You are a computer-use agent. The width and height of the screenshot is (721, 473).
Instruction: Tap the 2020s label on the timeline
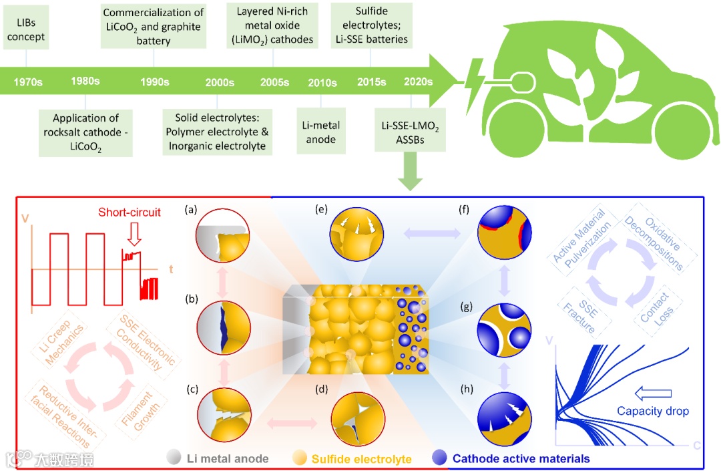click(x=418, y=82)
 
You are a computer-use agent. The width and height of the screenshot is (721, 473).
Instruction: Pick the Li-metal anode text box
click(x=322, y=132)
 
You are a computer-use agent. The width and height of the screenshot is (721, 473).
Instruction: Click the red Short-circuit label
click(x=130, y=212)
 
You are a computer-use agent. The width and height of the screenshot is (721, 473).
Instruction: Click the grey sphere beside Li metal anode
click(x=174, y=458)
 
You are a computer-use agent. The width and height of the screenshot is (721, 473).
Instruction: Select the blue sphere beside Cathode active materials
click(x=440, y=458)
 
